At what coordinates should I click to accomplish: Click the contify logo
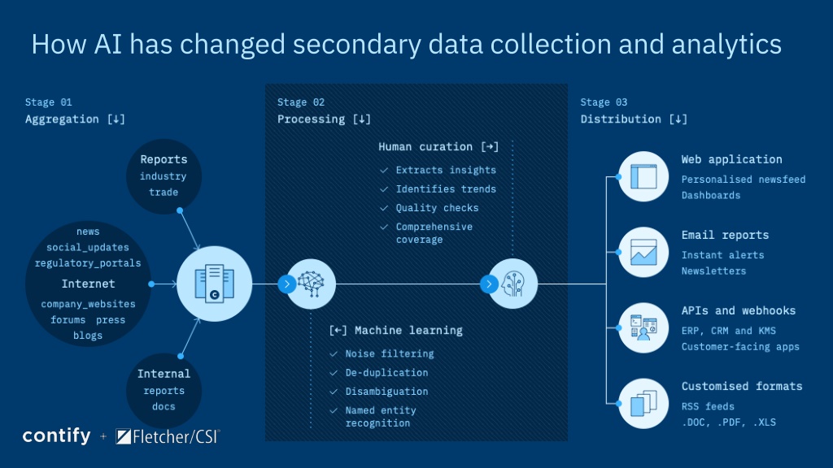coord(57,436)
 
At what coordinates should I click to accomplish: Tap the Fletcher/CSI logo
coord(168,436)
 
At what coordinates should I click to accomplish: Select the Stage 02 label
coord(301,102)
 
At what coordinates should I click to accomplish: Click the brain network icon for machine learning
coord(311,284)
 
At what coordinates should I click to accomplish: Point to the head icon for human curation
coord(513,284)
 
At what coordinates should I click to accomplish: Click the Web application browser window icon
coord(643,176)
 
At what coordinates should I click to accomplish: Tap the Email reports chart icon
coord(643,253)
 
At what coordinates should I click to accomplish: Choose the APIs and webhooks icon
coord(643,327)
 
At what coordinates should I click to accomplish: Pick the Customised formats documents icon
coord(643,403)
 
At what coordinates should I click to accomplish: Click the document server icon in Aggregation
coord(214,284)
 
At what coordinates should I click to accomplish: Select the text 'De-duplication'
coord(386,372)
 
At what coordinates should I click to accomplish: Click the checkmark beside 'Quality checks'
coord(384,208)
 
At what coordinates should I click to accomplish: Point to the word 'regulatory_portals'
coord(88,263)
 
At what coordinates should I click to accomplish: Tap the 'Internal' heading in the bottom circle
coord(164,374)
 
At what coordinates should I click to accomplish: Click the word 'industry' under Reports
coord(163,176)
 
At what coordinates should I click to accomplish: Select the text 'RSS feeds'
coord(708,406)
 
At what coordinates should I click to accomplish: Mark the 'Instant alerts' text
coord(722,255)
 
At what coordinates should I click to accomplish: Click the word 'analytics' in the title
coord(726,45)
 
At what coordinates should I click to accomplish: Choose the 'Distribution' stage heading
coord(621,119)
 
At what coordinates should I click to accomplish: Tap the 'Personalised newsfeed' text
coord(744,180)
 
